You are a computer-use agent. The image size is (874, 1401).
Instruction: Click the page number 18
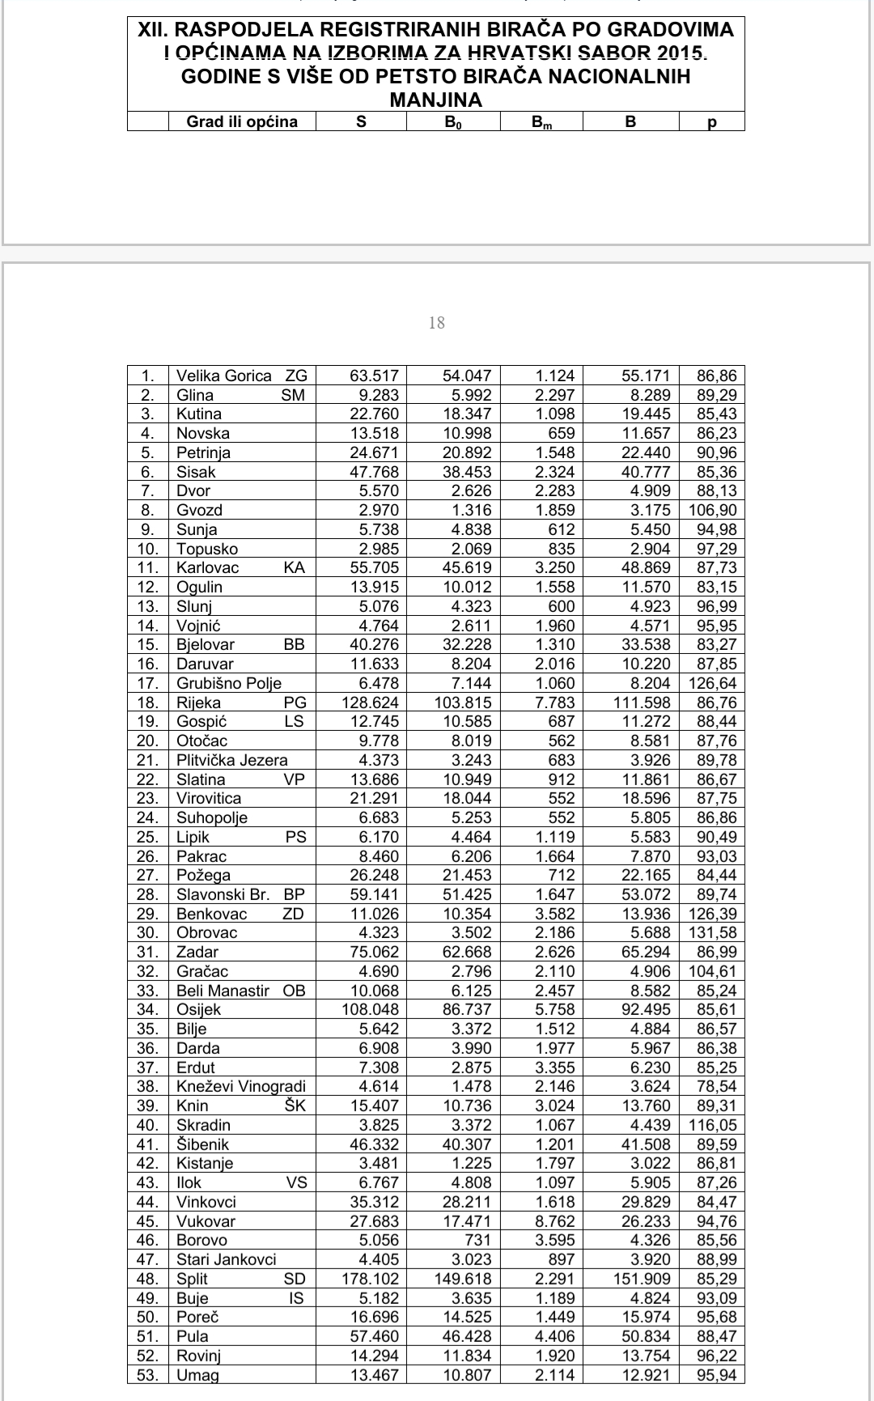(436, 323)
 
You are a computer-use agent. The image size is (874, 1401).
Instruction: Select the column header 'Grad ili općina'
(242, 122)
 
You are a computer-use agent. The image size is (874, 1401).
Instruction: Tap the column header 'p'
(712, 122)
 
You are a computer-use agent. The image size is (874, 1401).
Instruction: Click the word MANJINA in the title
(435, 100)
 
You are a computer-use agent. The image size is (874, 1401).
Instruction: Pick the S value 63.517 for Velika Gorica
(374, 376)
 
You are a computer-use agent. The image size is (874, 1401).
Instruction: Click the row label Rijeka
(198, 703)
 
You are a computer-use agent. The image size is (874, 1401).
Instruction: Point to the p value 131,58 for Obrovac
(713, 932)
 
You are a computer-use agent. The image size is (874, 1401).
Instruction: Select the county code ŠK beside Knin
(295, 1106)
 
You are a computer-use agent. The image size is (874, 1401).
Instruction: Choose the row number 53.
(147, 1375)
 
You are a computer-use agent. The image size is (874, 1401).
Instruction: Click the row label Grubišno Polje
(229, 683)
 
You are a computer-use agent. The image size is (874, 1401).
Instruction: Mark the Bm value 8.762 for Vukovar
(555, 1221)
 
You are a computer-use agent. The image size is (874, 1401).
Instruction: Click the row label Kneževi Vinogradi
(241, 1086)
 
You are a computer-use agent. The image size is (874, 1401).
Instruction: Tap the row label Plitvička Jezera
(232, 760)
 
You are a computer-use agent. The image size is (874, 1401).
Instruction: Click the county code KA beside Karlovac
(295, 567)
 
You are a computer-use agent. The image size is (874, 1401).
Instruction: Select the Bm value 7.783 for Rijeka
(555, 703)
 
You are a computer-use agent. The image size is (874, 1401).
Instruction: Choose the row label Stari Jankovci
(227, 1259)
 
